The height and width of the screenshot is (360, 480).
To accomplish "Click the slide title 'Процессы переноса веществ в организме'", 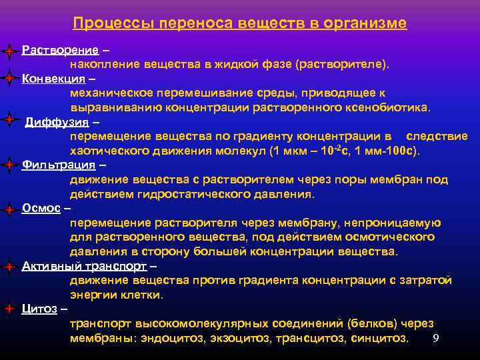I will [240, 23].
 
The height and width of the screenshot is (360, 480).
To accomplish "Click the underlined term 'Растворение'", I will [61, 50].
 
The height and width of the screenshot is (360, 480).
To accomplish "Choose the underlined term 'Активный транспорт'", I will [85, 265].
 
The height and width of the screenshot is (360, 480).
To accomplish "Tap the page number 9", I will [435, 338].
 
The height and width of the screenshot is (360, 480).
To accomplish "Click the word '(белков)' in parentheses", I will [373, 323].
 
